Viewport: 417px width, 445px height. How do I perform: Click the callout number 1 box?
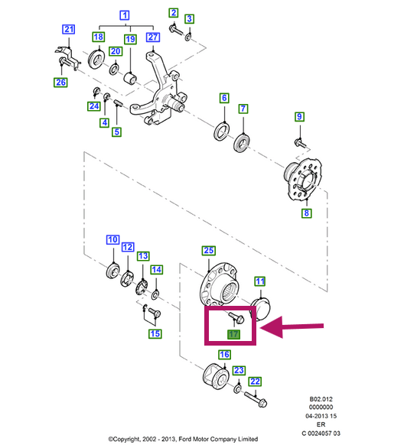point(125,15)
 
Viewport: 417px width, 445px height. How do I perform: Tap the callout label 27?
point(153,37)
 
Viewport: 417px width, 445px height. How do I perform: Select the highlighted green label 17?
point(234,334)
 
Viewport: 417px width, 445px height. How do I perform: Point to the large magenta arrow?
point(292,327)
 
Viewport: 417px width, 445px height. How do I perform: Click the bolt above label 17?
point(236,317)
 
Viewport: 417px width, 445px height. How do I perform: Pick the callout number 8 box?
point(307,213)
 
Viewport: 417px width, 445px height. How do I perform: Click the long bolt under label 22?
point(256,398)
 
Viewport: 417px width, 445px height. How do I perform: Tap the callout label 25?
point(209,251)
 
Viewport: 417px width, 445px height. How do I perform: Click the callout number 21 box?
point(68,29)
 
